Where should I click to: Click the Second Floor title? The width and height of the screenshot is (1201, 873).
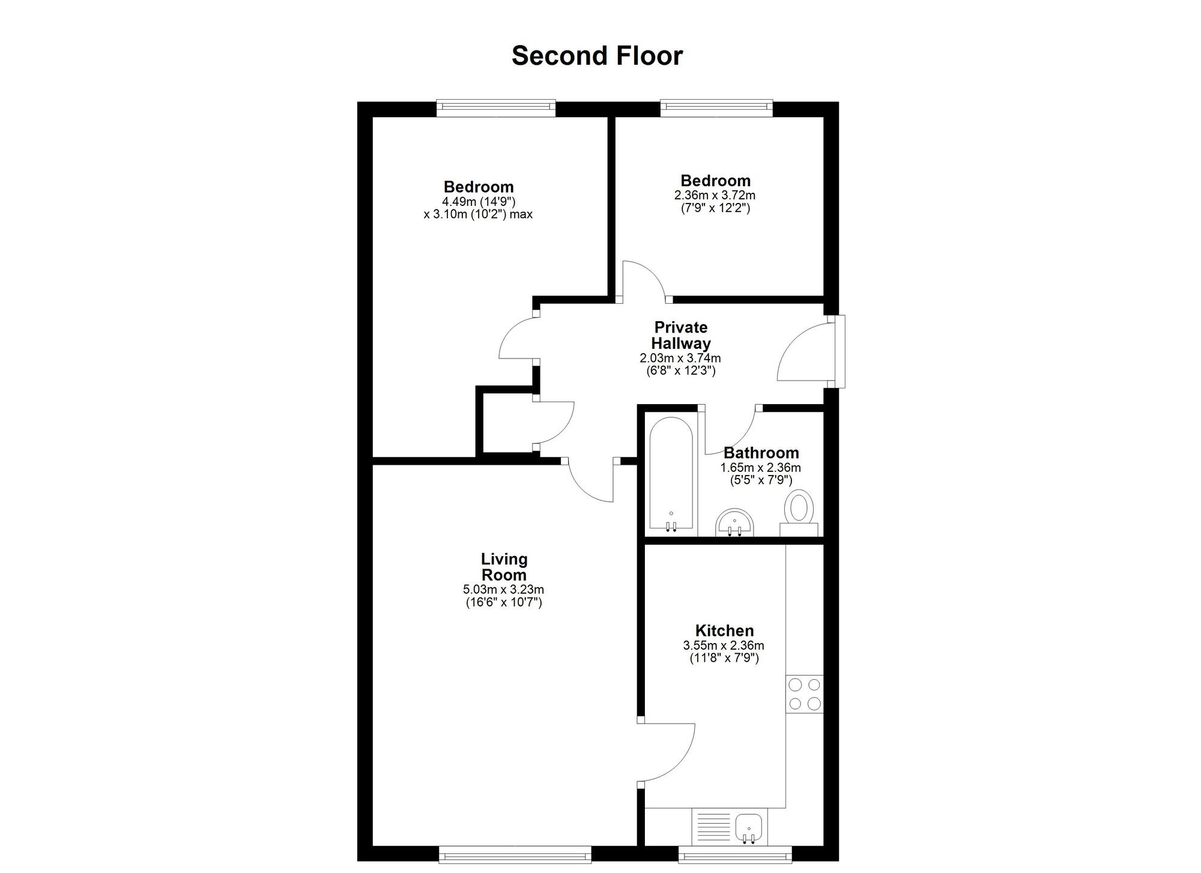[x=597, y=56]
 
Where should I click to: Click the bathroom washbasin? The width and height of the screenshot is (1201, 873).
[x=734, y=522]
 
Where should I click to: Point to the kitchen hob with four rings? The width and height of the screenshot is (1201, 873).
[x=804, y=695]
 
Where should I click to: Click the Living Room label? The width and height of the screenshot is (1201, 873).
[x=504, y=567]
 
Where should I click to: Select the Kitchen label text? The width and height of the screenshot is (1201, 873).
[x=724, y=631]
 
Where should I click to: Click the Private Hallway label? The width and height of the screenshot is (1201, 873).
[x=681, y=336]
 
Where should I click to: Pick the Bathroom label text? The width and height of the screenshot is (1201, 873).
[x=761, y=453]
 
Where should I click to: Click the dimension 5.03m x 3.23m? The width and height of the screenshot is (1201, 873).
[x=503, y=590]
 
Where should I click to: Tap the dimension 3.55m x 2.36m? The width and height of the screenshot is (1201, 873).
[x=724, y=646]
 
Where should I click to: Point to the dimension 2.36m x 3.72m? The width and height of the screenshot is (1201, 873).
[x=715, y=195]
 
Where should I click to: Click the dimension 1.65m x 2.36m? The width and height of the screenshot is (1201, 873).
[x=761, y=468]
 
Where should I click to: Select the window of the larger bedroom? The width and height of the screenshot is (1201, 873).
[x=496, y=108]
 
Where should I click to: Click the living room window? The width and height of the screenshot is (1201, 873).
[x=515, y=854]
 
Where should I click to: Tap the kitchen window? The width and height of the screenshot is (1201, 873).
[x=735, y=854]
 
